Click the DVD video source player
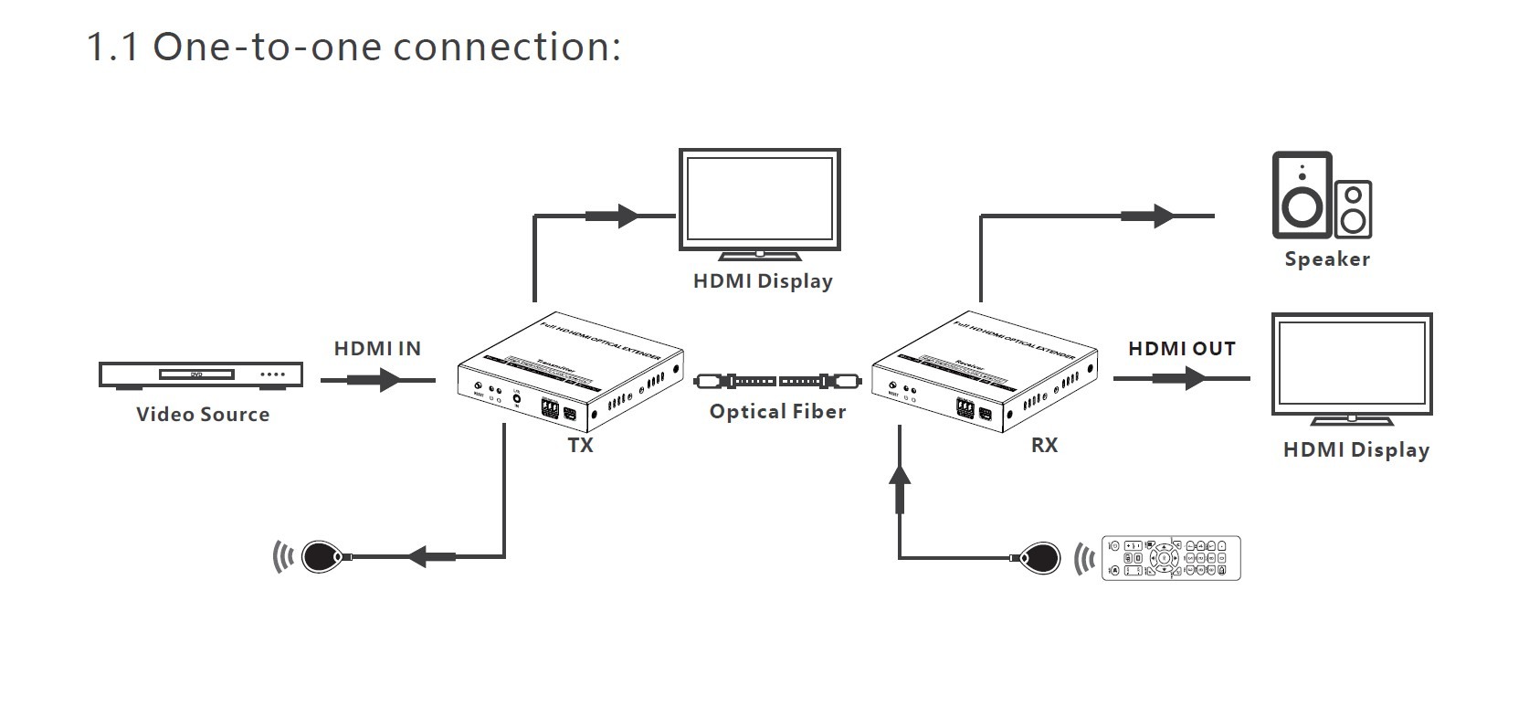[201, 374]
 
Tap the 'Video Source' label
[203, 415]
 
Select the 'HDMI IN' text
[377, 348]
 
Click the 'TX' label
[581, 446]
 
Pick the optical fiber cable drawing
[777, 381]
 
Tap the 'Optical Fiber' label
[777, 412]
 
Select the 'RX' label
[1044, 446]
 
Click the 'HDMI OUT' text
[1181, 349]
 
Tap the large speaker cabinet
[1301, 195]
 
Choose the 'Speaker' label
[1327, 259]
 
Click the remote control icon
[1171, 557]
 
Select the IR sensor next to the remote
[1040, 556]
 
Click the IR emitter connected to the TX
[322, 556]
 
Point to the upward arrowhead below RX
[901, 475]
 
